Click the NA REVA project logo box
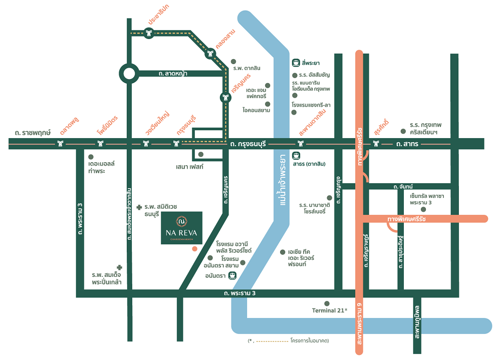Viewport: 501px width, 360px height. click(x=181, y=228)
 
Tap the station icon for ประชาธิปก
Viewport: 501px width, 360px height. click(x=149, y=34)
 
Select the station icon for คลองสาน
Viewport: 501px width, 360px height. click(x=210, y=55)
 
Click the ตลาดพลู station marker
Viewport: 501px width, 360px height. click(x=61, y=144)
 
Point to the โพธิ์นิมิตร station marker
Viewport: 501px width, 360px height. click(x=101, y=144)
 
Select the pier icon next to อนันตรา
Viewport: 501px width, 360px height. click(x=232, y=275)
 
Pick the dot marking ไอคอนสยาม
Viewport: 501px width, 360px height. click(x=268, y=104)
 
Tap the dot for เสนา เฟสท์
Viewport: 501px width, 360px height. click(x=201, y=154)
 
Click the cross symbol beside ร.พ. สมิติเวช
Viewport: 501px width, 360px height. click(x=139, y=207)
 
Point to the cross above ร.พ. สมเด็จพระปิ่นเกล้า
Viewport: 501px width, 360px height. click(x=119, y=267)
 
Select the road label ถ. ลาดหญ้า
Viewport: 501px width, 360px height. click(x=173, y=74)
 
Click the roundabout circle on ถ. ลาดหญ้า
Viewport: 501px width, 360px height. click(x=129, y=74)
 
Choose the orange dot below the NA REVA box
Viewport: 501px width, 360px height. click(x=194, y=248)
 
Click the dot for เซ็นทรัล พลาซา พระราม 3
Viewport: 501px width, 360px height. click(x=423, y=209)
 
